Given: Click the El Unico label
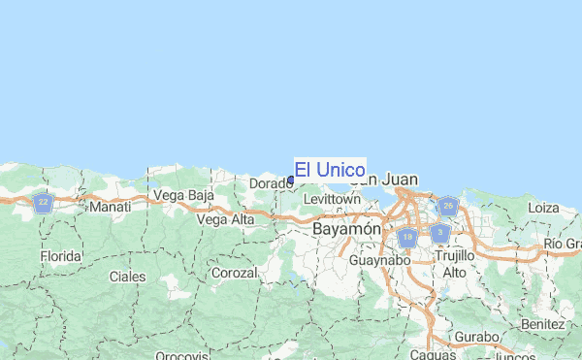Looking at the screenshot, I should tap(330, 170).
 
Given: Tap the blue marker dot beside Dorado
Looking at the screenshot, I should tap(291, 180).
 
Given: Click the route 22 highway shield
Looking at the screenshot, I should tap(42, 203).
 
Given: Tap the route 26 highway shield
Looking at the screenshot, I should tap(447, 206).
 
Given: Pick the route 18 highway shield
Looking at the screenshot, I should tap(407, 237).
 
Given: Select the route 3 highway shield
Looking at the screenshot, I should tap(440, 233).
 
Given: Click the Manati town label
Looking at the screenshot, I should tap(110, 208).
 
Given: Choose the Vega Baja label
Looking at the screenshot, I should tap(183, 197).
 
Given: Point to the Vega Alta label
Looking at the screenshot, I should tap(225, 220).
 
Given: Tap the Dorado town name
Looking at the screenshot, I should tap(271, 183).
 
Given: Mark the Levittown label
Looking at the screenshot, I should tap(332, 200).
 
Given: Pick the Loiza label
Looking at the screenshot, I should tap(543, 208).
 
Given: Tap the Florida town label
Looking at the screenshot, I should tap(60, 256).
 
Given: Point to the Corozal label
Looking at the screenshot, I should tap(235, 274).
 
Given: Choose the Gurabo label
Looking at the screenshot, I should tap(479, 337).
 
